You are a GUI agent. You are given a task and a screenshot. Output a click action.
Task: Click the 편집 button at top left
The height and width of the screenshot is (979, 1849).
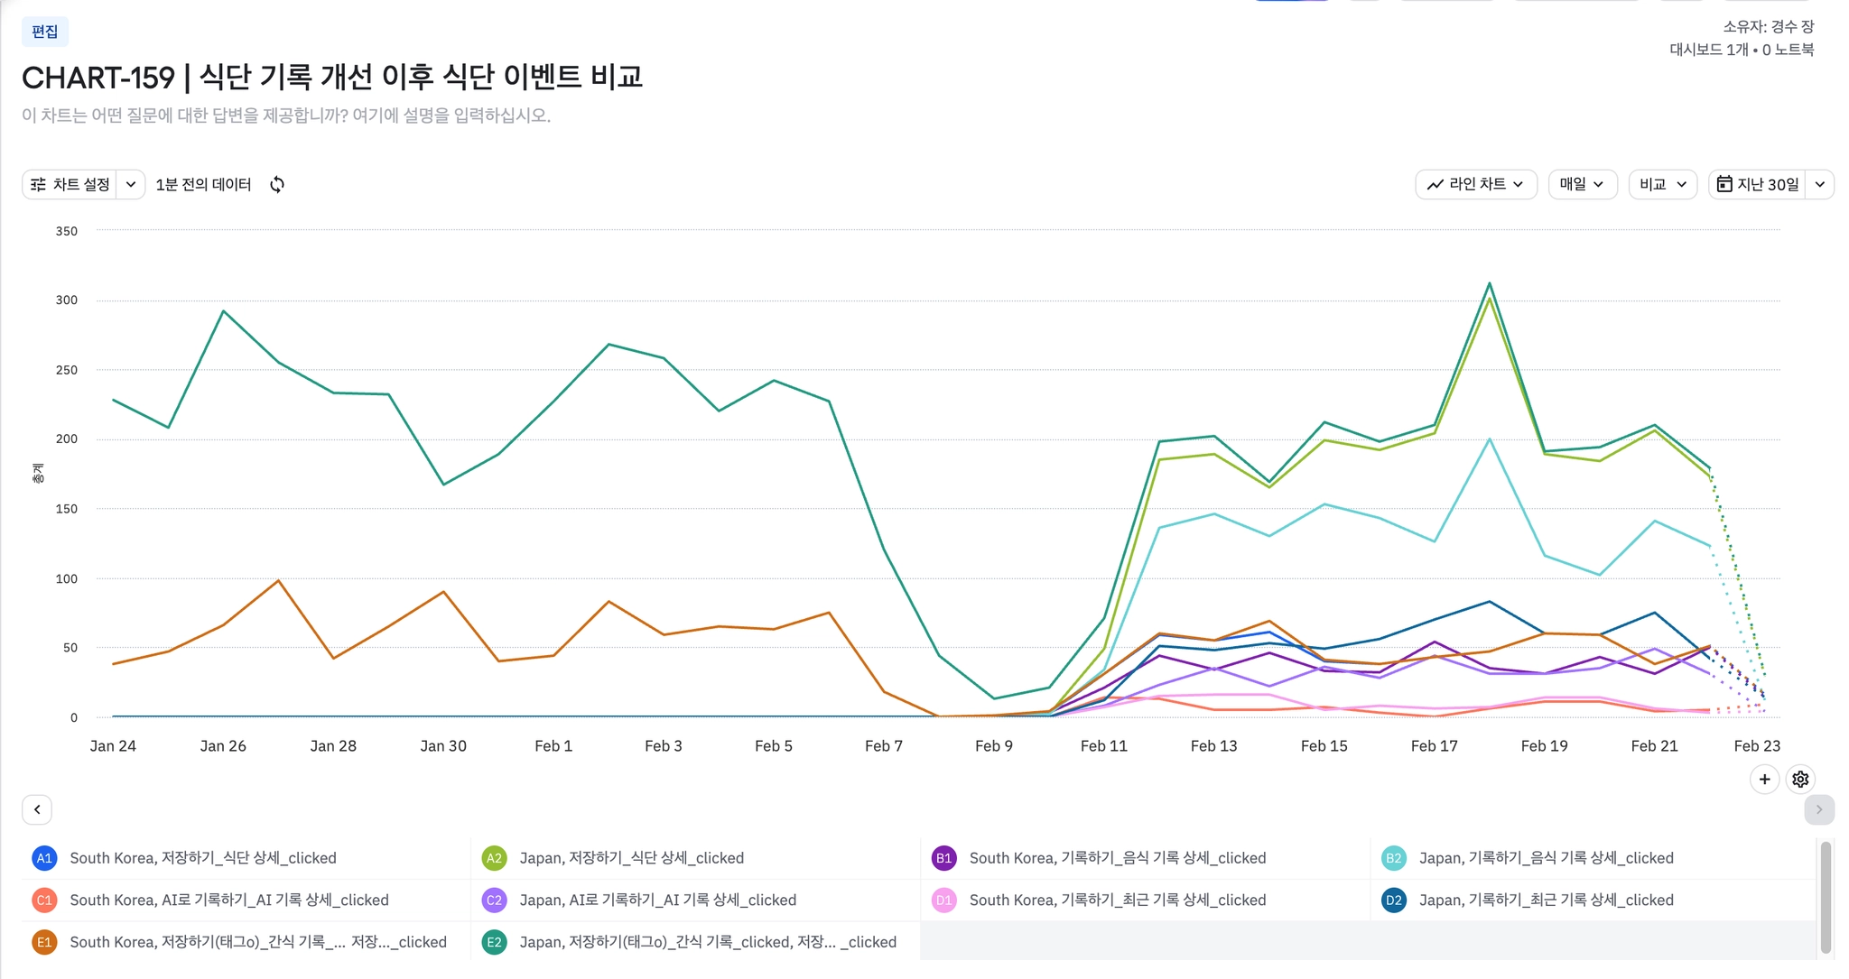(44, 32)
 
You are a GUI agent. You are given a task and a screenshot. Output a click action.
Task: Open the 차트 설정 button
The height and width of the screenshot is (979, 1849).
(70, 184)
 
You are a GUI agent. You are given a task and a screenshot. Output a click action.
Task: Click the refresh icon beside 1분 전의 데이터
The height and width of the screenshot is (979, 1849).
(277, 184)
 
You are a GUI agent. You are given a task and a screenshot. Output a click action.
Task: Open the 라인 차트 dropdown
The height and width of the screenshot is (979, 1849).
(1475, 184)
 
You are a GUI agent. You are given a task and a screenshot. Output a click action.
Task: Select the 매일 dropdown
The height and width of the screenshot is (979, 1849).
(1582, 184)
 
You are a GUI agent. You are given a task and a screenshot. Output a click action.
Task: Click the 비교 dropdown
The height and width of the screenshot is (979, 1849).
(1662, 184)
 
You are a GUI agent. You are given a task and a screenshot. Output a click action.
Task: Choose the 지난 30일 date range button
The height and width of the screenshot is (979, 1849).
(1758, 184)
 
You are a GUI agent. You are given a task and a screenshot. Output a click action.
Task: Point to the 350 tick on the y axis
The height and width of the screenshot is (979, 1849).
(67, 231)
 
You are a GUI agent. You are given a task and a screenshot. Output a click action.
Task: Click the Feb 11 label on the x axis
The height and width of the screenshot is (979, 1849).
(1103, 746)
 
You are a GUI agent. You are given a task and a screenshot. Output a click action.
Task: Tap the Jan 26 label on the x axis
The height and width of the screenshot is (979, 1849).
(223, 746)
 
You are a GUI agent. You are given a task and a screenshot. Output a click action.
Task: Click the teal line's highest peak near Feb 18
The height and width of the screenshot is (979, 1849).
(1489, 283)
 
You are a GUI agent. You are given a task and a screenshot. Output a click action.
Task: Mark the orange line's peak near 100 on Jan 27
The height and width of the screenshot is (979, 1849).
(278, 580)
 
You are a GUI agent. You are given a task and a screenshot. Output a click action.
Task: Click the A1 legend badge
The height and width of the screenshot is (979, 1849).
(44, 858)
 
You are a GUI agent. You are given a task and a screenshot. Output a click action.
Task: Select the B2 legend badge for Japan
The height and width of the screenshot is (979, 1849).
(1393, 858)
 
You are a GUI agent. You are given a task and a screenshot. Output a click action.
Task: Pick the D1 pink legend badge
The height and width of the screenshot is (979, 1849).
(943, 900)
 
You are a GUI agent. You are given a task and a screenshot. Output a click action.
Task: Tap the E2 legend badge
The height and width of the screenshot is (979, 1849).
(494, 942)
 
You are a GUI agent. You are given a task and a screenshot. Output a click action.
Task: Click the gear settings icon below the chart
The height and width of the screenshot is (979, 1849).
(1800, 779)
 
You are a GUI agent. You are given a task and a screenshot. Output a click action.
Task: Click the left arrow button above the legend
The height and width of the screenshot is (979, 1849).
(37, 809)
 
